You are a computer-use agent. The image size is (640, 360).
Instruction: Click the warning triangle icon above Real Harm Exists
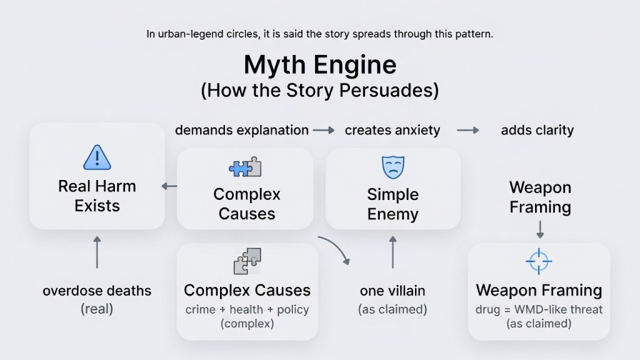pyautogui.click(x=97, y=157)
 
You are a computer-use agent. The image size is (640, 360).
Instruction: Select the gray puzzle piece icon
pyautogui.click(x=247, y=261)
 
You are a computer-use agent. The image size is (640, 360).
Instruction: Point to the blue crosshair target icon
pyautogui.click(x=539, y=261)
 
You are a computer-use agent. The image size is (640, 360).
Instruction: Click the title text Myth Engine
pyautogui.click(x=319, y=66)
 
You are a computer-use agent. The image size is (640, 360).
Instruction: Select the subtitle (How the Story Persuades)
pyautogui.click(x=319, y=91)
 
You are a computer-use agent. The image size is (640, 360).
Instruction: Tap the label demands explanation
pyautogui.click(x=241, y=131)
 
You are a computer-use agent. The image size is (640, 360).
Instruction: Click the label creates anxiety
pyautogui.click(x=392, y=131)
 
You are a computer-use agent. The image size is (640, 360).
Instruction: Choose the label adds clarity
pyautogui.click(x=537, y=131)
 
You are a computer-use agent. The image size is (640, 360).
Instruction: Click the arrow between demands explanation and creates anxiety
pyautogui.click(x=324, y=131)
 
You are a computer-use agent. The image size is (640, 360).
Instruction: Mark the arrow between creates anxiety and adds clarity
pyautogui.click(x=467, y=131)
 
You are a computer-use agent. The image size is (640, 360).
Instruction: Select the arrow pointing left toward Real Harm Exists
pyautogui.click(x=169, y=186)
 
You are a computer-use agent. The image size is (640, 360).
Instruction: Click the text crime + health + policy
pyautogui.click(x=247, y=310)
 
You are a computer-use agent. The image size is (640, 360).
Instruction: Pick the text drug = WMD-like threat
pyautogui.click(x=539, y=310)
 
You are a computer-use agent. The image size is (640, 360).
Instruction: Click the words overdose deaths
pyautogui.click(x=97, y=291)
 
